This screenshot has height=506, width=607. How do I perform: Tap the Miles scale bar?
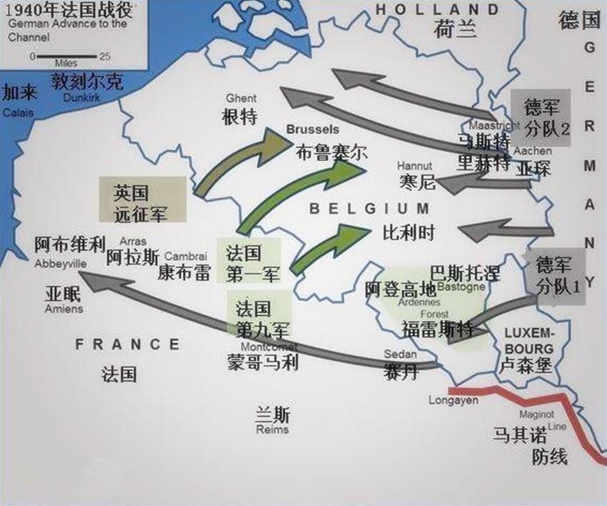(x=65, y=56)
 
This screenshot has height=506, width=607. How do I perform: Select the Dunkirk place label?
(x=86, y=89)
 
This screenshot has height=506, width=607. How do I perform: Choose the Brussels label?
(x=313, y=130)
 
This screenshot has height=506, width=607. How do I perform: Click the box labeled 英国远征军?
(x=143, y=199)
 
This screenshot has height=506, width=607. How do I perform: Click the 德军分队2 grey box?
(x=541, y=118)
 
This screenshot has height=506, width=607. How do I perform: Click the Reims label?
(x=272, y=421)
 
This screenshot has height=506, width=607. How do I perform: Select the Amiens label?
(x=64, y=302)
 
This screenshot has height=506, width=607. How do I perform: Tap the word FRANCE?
(x=128, y=344)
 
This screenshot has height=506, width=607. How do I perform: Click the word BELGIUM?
(x=369, y=209)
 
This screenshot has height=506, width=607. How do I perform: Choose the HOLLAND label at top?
(x=437, y=9)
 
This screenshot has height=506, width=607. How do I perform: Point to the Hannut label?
(x=415, y=167)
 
